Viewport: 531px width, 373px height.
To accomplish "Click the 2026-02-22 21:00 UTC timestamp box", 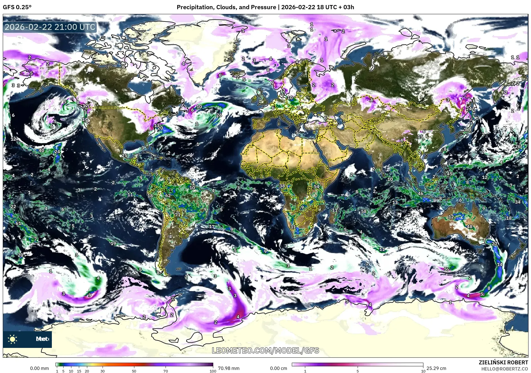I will tap(50, 27).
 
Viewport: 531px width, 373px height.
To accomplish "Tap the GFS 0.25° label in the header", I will tap(17, 7).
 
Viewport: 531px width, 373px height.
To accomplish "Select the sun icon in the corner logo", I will tap(13, 339).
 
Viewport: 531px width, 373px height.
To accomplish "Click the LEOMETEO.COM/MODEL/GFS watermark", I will tap(265, 350).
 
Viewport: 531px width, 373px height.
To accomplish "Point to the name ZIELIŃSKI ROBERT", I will tap(503, 362).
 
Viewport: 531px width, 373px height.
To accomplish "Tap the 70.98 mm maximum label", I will tap(229, 368).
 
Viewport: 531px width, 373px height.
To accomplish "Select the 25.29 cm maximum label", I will tap(436, 368).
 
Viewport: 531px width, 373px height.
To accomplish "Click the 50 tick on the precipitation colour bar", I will tap(134, 371).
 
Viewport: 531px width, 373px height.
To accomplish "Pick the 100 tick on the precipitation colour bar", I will tap(213, 371).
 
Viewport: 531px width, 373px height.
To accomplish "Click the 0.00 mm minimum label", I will tap(39, 368).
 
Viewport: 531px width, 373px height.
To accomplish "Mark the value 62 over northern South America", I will tap(168, 196).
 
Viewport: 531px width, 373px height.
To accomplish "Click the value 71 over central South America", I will tap(178, 215).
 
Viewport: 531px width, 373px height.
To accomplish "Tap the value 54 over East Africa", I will tap(316, 186).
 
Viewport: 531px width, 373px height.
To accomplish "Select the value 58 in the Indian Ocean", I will tap(364, 211).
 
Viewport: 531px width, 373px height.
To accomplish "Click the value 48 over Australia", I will tap(470, 227).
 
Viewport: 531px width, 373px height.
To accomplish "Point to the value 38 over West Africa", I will tap(282, 186).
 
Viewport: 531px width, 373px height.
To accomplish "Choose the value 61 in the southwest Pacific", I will tap(18, 224).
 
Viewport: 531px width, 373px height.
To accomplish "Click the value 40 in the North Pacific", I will tap(41, 150).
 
